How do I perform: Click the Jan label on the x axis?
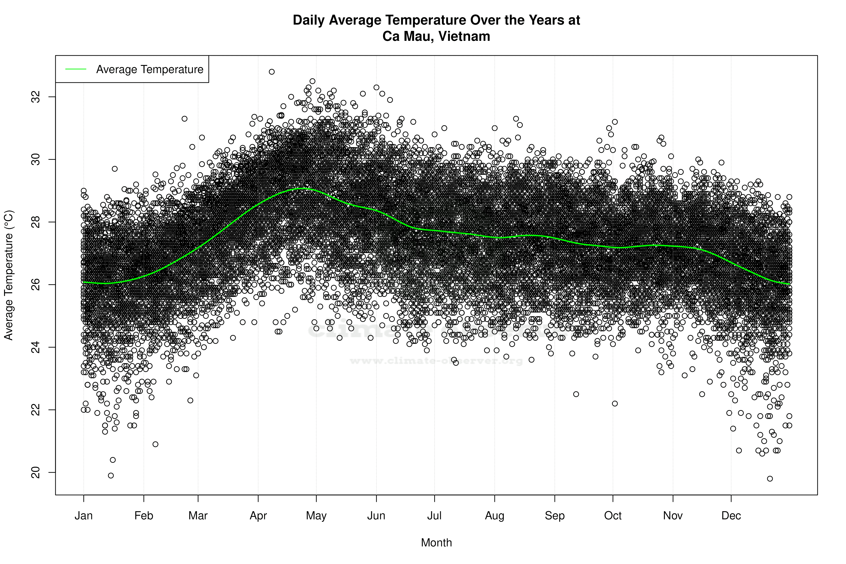83,516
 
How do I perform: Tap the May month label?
316,516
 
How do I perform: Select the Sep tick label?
555,516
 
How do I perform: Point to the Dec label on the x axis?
731,516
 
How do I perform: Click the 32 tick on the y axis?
36,97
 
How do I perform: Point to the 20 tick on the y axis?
36,472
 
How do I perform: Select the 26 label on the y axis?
36,284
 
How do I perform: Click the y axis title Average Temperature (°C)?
9,275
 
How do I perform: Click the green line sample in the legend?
76,69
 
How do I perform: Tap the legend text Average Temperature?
150,69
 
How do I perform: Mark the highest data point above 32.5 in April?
272,72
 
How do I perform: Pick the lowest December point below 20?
770,478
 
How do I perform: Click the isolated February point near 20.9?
155,444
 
